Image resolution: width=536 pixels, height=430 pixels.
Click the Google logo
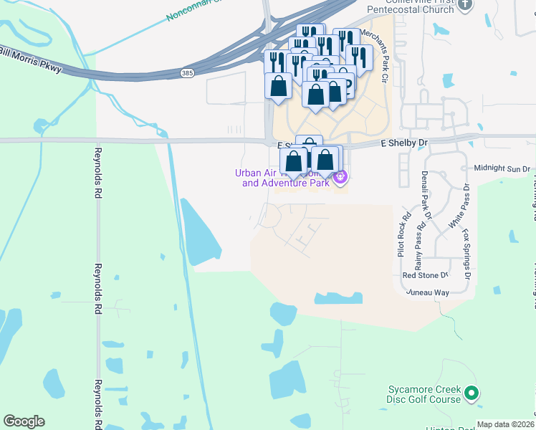click(x=24, y=421)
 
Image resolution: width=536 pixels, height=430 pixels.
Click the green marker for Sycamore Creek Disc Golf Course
click(x=472, y=393)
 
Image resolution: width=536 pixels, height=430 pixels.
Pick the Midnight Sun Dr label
click(x=502, y=169)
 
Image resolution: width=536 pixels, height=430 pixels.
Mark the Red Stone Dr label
click(x=424, y=275)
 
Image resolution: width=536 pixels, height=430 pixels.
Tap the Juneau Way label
click(x=428, y=292)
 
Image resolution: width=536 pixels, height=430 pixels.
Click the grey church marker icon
click(x=466, y=5)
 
